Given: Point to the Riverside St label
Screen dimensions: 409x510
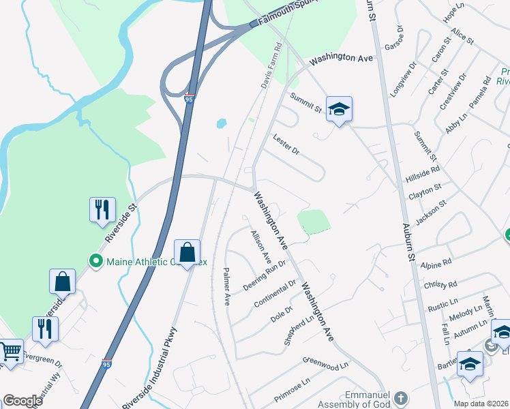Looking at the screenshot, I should [x=121, y=222].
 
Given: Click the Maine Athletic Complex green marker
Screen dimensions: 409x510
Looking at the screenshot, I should [x=96, y=260].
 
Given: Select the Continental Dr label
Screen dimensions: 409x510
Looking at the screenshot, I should [x=275, y=293].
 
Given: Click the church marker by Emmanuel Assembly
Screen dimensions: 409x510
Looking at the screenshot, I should [x=402, y=397].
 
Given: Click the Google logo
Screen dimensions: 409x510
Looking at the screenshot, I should [x=23, y=400].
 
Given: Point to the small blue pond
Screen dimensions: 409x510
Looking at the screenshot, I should [x=221, y=124].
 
